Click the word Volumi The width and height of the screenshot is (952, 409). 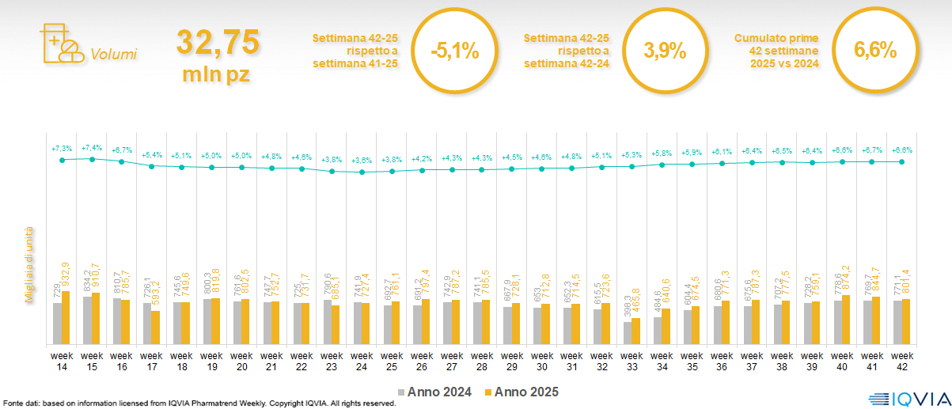tap(113, 55)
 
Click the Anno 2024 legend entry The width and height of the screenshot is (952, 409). tap(434, 392)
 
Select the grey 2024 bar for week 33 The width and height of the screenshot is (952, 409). tap(627, 333)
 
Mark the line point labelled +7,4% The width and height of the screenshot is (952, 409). tap(92, 159)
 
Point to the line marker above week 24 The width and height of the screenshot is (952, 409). tap(362, 172)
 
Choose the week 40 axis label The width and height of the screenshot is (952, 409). tap(842, 361)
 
